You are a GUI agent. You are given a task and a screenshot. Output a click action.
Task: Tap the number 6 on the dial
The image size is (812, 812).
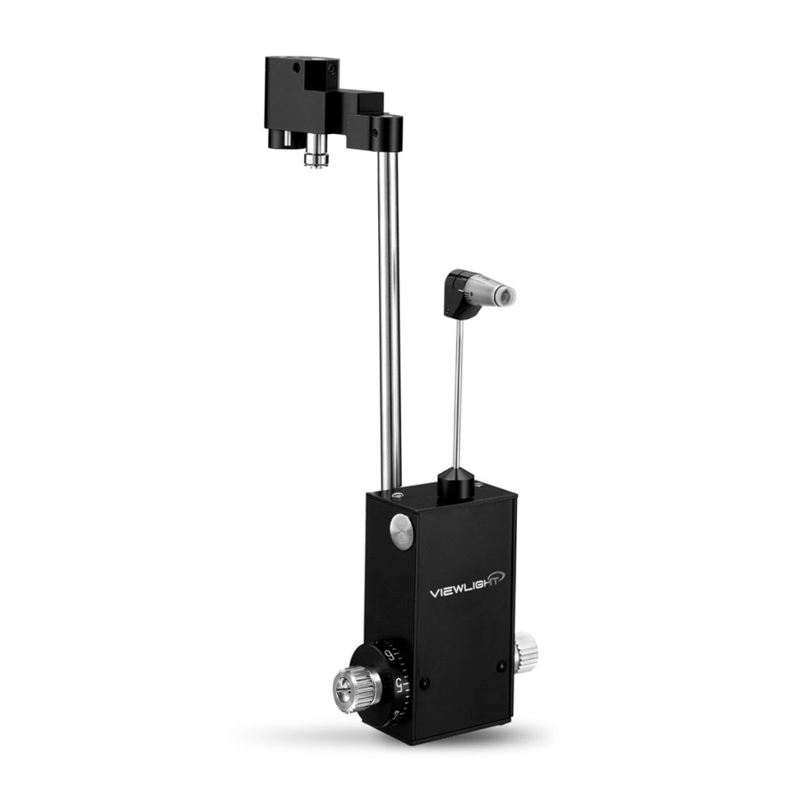click(389, 654)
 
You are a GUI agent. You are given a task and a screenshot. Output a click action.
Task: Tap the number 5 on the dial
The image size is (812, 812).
click(399, 684)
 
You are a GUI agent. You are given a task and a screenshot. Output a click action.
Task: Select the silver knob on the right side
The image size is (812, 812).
click(525, 652)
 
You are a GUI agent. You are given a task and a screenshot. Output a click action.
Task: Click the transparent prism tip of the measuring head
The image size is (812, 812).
click(505, 297)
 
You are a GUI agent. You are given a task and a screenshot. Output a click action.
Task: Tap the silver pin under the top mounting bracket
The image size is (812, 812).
click(316, 154)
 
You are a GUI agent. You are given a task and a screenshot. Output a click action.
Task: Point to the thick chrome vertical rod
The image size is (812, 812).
click(389, 317)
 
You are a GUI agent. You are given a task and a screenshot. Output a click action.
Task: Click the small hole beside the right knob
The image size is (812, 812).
click(501, 666)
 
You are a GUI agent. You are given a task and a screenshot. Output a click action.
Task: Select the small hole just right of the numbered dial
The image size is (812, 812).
click(426, 682)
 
